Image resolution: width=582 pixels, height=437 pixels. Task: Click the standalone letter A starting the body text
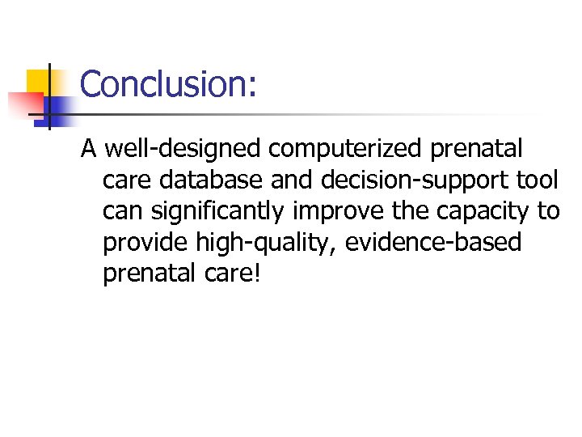[x=89, y=149]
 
